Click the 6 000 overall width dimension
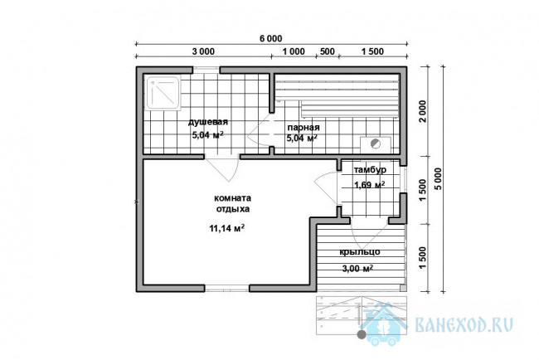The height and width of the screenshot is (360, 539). pos(270,38)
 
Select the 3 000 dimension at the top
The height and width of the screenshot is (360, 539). pos(203,51)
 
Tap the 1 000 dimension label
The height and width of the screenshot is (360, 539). pos(294,51)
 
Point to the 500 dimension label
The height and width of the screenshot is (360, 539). pos(328,51)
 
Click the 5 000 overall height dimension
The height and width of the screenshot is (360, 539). pos(439,179)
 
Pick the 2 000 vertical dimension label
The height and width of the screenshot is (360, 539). pos(423,111)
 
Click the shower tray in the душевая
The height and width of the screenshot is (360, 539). pos(163,93)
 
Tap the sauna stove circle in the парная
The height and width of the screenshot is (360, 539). pos(376,144)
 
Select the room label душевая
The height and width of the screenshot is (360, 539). pos(207,122)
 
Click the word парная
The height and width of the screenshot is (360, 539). pos(303,128)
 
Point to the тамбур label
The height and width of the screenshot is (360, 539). pos(370,169)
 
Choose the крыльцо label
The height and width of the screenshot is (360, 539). pos(360,252)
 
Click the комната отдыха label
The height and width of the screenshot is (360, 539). pos(233,203)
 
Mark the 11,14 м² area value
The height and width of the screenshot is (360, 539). pos(227,228)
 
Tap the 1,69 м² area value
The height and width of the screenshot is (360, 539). pos(369,185)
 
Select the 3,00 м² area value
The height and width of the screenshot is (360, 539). pos(357,269)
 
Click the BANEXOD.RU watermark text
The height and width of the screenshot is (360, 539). pos(464,324)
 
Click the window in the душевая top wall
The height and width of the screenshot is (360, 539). pos(206,70)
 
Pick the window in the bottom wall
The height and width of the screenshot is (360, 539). pos(227,288)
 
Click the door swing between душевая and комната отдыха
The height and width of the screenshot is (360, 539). pos(222,169)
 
